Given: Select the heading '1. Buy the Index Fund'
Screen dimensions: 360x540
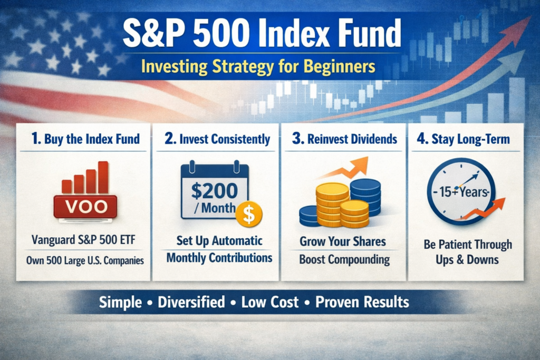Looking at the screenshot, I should (84, 139).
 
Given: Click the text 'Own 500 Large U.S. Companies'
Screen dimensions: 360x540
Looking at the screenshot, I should (84, 260).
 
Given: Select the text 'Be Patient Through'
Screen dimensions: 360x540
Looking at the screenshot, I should (468, 245).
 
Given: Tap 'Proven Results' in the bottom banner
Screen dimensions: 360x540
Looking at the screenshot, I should (362, 302).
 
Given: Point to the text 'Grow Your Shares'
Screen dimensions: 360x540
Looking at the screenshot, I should (343, 242).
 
